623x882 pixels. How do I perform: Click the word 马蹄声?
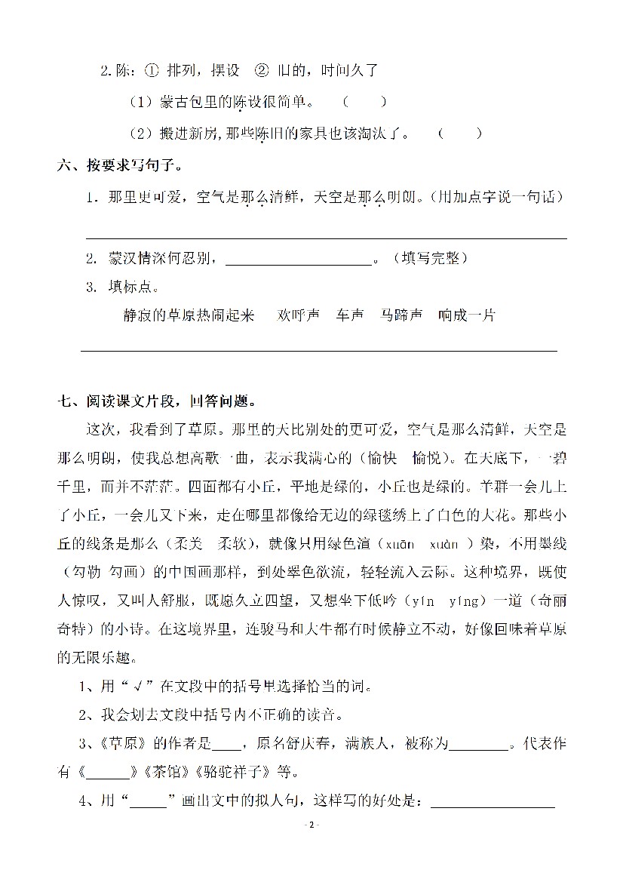[401, 315]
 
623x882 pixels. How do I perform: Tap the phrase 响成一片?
[467, 315]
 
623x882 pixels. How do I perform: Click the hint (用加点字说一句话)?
[492, 198]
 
